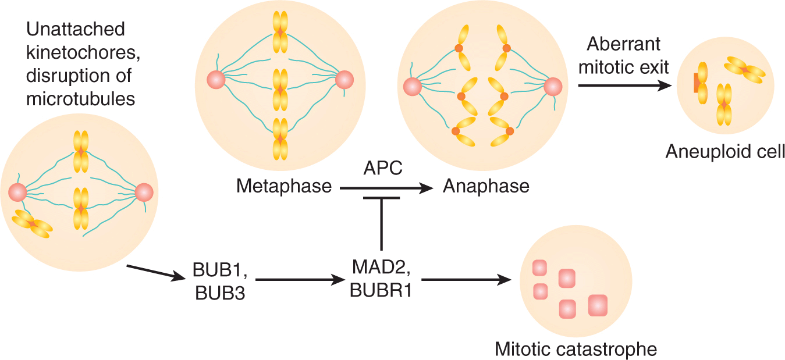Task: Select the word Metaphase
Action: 283,186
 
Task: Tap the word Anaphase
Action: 486,186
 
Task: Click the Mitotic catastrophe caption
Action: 576,350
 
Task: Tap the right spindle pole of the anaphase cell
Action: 552,87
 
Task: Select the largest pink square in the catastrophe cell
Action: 599,305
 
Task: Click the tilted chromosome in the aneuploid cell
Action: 744,70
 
